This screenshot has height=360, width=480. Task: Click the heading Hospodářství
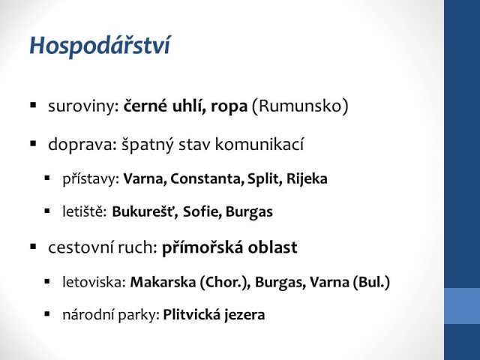(100, 46)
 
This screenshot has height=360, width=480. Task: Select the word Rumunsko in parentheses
(300, 106)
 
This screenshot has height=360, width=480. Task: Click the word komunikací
(259, 144)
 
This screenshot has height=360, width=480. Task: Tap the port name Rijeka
(307, 178)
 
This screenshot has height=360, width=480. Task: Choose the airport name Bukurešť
(145, 211)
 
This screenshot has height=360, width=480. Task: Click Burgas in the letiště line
(249, 212)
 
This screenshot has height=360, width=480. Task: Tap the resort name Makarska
(163, 282)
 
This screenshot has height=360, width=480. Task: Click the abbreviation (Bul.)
(371, 282)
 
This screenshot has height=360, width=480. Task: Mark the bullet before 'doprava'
(33, 143)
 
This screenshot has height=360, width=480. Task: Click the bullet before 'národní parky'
(46, 313)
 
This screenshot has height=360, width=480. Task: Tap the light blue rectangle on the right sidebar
(462, 306)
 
